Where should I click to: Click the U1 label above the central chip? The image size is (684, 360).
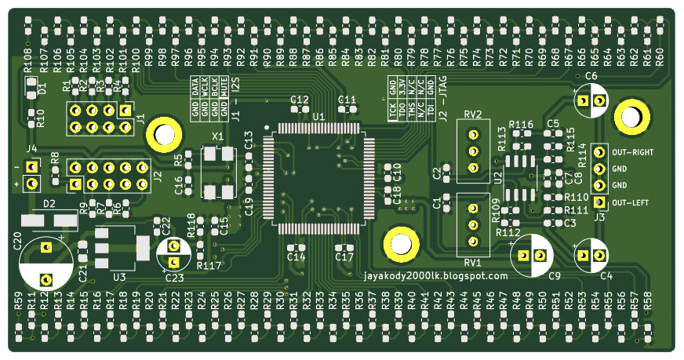318,116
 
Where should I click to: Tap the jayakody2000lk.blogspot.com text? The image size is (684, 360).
436,275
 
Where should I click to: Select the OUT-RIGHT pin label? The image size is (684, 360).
633,152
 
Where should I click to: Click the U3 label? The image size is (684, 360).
119,276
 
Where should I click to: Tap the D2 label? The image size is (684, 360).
49,204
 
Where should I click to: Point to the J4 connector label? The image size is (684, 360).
31,149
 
